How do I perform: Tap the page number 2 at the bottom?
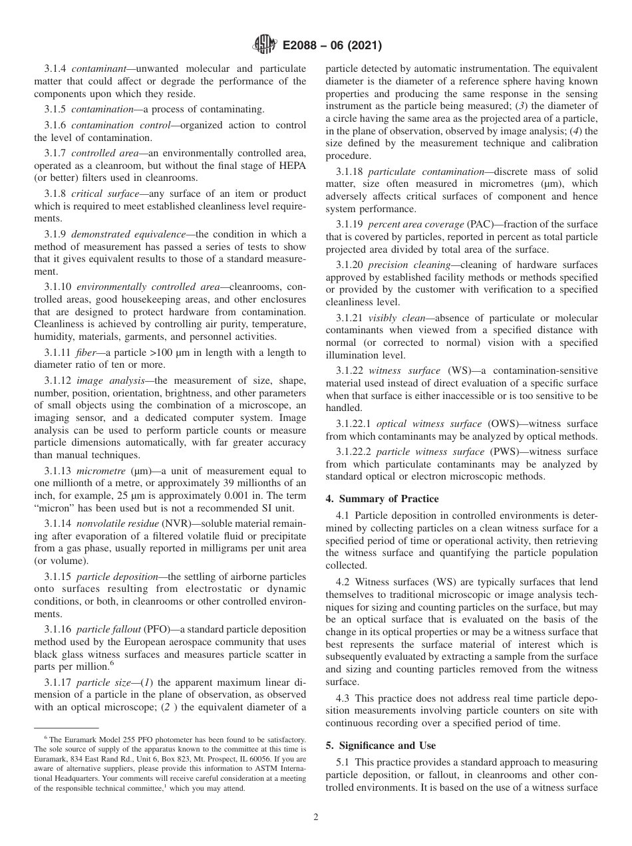(316, 817)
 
